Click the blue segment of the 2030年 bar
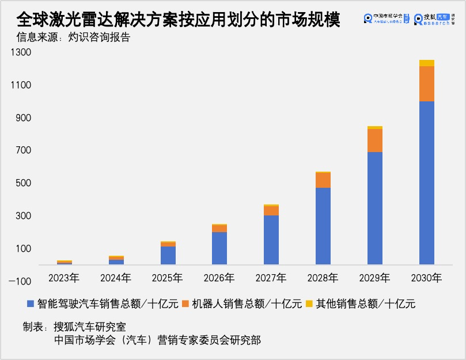point(427,183)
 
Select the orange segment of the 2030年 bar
point(427,84)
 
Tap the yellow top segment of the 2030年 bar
point(427,63)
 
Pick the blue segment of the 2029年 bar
point(375,209)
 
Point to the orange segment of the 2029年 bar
point(375,141)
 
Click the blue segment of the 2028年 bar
point(323,226)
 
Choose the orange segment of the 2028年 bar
point(323,180)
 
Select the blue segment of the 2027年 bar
point(271,240)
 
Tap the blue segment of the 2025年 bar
point(168,256)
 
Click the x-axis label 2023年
point(64,278)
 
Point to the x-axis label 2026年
point(219,278)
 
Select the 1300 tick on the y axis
point(24,52)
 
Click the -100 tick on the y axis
point(21,282)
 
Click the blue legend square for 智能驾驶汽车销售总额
point(30,304)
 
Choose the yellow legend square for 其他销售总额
point(308,304)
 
